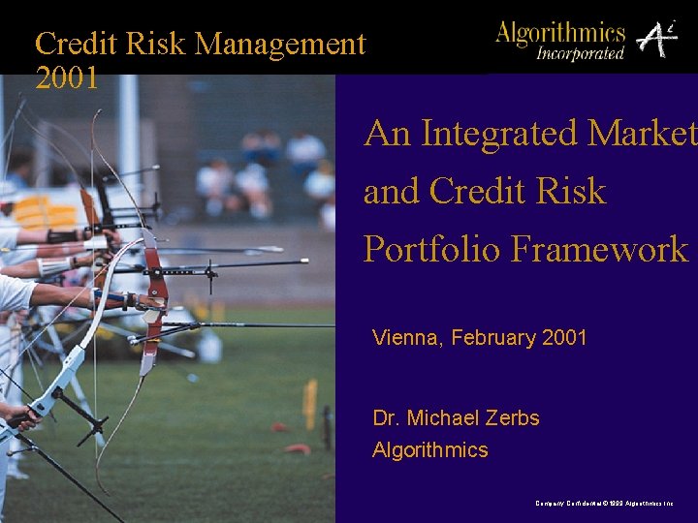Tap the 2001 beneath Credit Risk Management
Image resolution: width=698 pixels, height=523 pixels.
[67, 77]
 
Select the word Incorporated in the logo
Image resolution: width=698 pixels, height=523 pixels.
[581, 53]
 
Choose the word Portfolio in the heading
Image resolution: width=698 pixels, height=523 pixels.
[432, 249]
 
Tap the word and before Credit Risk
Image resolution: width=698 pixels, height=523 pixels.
[392, 192]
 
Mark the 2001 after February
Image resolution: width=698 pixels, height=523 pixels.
[564, 338]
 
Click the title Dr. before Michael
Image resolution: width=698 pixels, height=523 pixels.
[386, 418]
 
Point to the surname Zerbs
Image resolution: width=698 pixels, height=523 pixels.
[512, 418]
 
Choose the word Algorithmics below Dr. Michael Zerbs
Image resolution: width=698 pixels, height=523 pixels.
[430, 450]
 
